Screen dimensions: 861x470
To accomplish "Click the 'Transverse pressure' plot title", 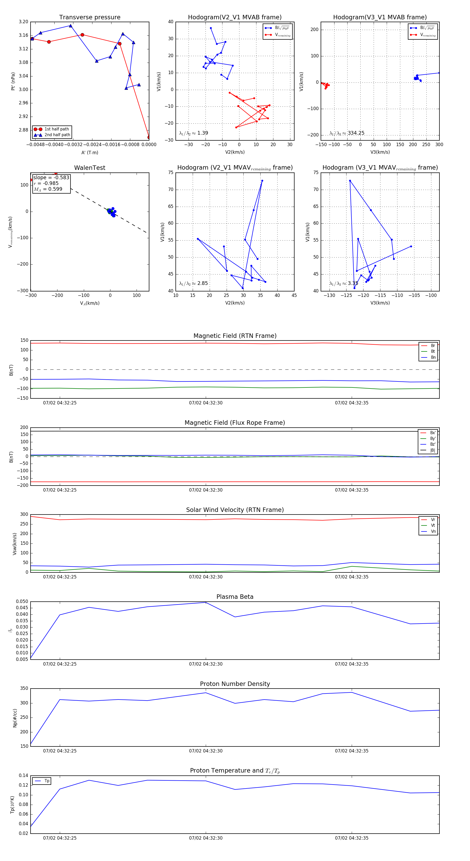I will [x=90, y=17].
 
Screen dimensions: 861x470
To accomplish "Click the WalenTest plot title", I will [x=90, y=168].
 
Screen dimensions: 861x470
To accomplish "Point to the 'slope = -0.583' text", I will [x=51, y=177].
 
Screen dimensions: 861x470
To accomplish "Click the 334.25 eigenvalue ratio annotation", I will [x=356, y=133].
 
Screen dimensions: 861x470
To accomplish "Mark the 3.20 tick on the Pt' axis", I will [x=23, y=22].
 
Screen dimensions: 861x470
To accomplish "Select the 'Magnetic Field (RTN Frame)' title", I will [x=235, y=336].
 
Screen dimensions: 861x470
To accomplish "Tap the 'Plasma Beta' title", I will [x=235, y=597].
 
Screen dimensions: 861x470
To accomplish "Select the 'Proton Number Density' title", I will [x=235, y=684].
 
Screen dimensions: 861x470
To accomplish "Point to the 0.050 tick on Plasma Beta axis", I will [x=22, y=602].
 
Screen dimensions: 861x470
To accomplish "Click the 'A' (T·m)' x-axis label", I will [x=90, y=153].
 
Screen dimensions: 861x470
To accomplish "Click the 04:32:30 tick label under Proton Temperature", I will [x=206, y=838].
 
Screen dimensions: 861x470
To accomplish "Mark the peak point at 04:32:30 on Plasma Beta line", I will [x=206, y=603].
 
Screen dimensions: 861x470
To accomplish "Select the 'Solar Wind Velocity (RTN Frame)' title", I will [x=235, y=510].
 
